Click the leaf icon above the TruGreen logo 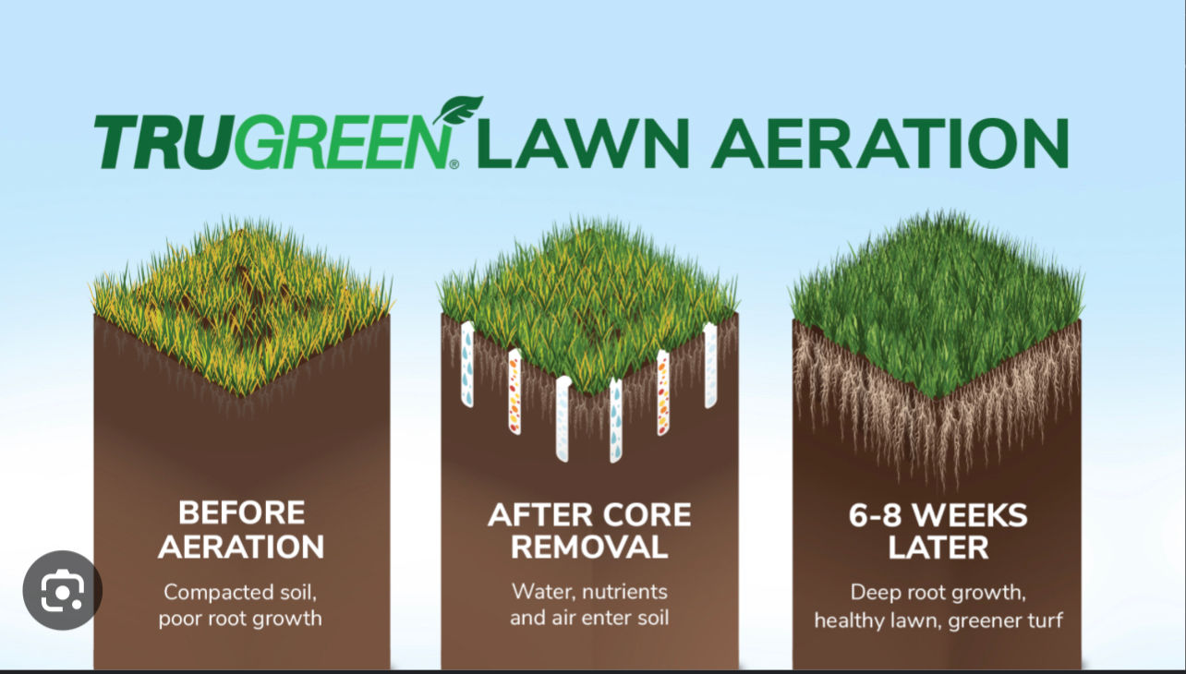[458, 111]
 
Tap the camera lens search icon [62, 590]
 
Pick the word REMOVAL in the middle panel [589, 546]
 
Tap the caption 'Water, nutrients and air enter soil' [589, 605]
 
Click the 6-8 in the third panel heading [881, 513]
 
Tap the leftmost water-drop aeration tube [467, 365]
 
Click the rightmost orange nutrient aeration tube [662, 392]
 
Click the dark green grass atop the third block [938, 295]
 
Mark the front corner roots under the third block [938, 443]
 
